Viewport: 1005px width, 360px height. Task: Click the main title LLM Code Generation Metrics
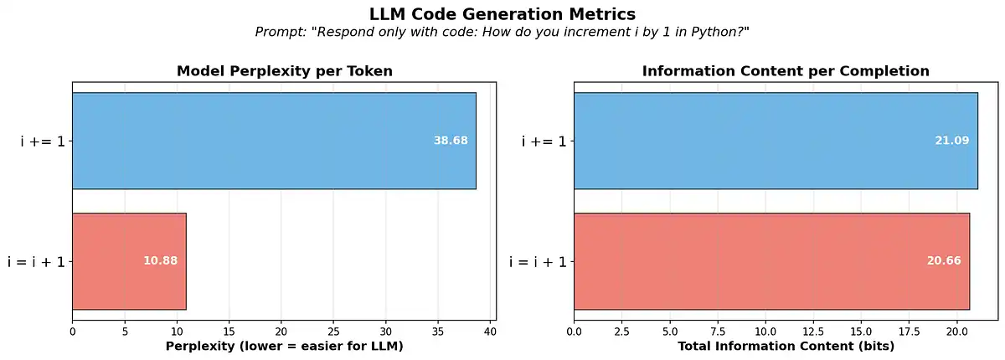[x=502, y=14]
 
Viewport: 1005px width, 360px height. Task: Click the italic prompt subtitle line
[x=502, y=32]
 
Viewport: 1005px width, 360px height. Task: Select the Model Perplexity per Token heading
[x=285, y=71]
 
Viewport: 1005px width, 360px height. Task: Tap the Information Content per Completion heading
[x=786, y=71]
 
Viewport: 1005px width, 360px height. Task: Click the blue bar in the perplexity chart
[x=274, y=141]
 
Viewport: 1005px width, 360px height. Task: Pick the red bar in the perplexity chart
[x=129, y=261]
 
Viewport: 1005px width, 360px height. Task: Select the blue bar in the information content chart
[x=776, y=141]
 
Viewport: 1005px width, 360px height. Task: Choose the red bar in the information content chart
[x=771, y=261]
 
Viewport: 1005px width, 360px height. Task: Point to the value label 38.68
[x=451, y=141]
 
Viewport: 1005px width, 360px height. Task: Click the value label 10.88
[x=160, y=261]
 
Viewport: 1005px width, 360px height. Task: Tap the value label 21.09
[x=952, y=141]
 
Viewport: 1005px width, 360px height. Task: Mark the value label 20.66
[x=944, y=261]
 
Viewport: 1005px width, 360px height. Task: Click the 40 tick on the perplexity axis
[x=491, y=332]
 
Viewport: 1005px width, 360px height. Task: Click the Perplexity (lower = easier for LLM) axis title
[x=285, y=346]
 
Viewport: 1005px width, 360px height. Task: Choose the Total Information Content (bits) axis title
[x=786, y=346]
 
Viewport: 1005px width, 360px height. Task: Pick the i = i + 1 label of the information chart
[x=538, y=262]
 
